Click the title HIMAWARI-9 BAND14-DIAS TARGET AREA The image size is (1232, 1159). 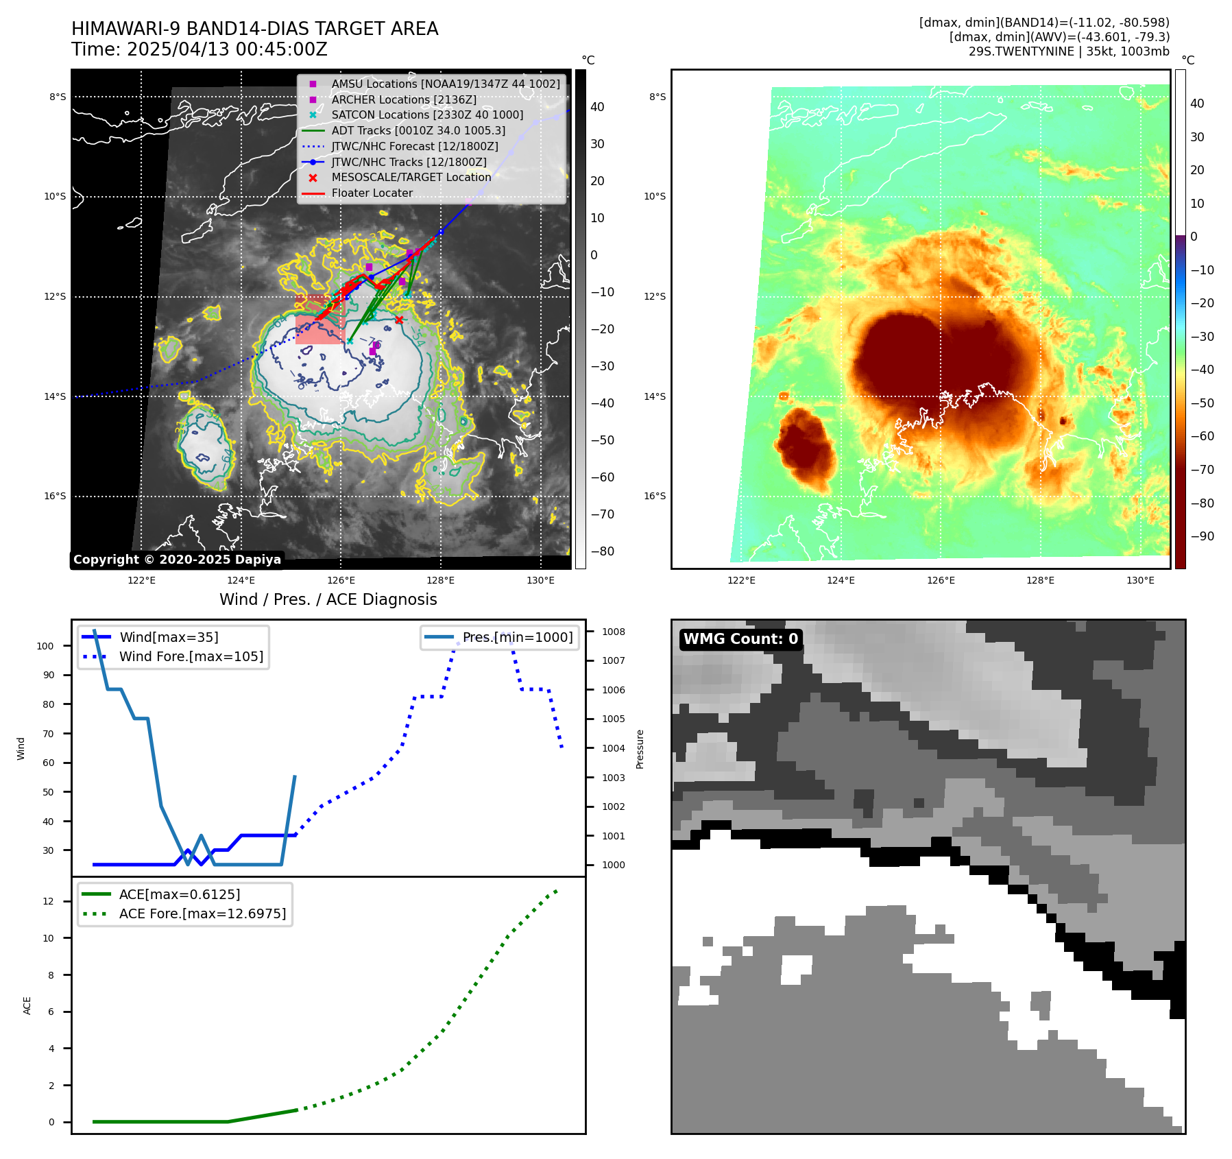pyautogui.click(x=254, y=29)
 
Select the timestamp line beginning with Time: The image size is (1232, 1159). pyautogui.click(x=199, y=49)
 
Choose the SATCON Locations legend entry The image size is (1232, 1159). pyautogui.click(x=426, y=115)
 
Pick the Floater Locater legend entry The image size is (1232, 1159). pyautogui.click(x=372, y=193)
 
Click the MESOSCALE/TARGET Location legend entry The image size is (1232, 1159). pyautogui.click(x=411, y=177)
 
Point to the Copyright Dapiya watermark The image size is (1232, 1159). pyautogui.click(x=177, y=560)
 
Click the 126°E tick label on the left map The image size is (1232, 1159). pyautogui.click(x=341, y=581)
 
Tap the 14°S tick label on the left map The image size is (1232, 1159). pyautogui.click(x=56, y=396)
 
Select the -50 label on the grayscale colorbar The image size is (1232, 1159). pyautogui.click(x=603, y=440)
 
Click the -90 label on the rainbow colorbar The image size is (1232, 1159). pyautogui.click(x=1203, y=536)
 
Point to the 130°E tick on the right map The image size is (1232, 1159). pyautogui.click(x=1140, y=581)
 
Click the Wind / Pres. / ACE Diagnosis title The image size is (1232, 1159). pyautogui.click(x=328, y=599)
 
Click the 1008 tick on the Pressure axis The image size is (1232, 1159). pyautogui.click(x=614, y=632)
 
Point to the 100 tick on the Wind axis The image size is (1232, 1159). pyautogui.click(x=45, y=646)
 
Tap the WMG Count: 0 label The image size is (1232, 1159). pyautogui.click(x=740, y=639)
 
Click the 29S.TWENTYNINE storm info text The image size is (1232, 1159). pyautogui.click(x=1069, y=51)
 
